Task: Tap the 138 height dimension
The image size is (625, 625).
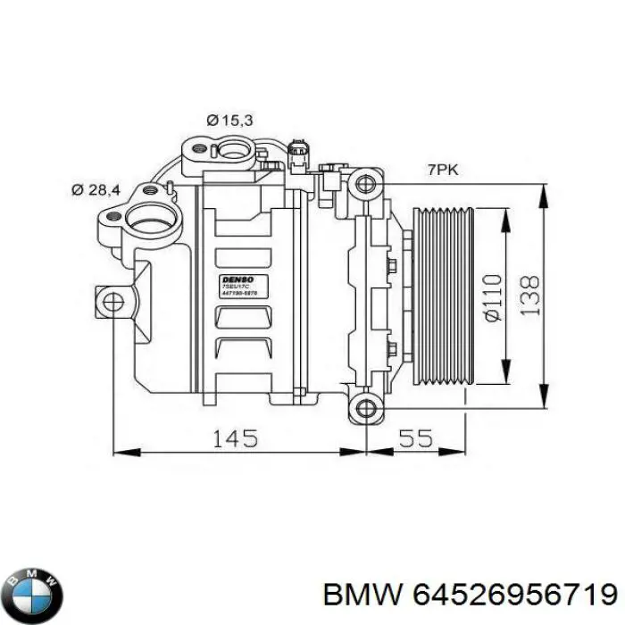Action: pyautogui.click(x=530, y=296)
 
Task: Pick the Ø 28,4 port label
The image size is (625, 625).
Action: pyautogui.click(x=96, y=188)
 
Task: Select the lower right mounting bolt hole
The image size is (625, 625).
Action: pyautogui.click(x=364, y=410)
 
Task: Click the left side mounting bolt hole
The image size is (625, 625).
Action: pyautogui.click(x=112, y=302)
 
